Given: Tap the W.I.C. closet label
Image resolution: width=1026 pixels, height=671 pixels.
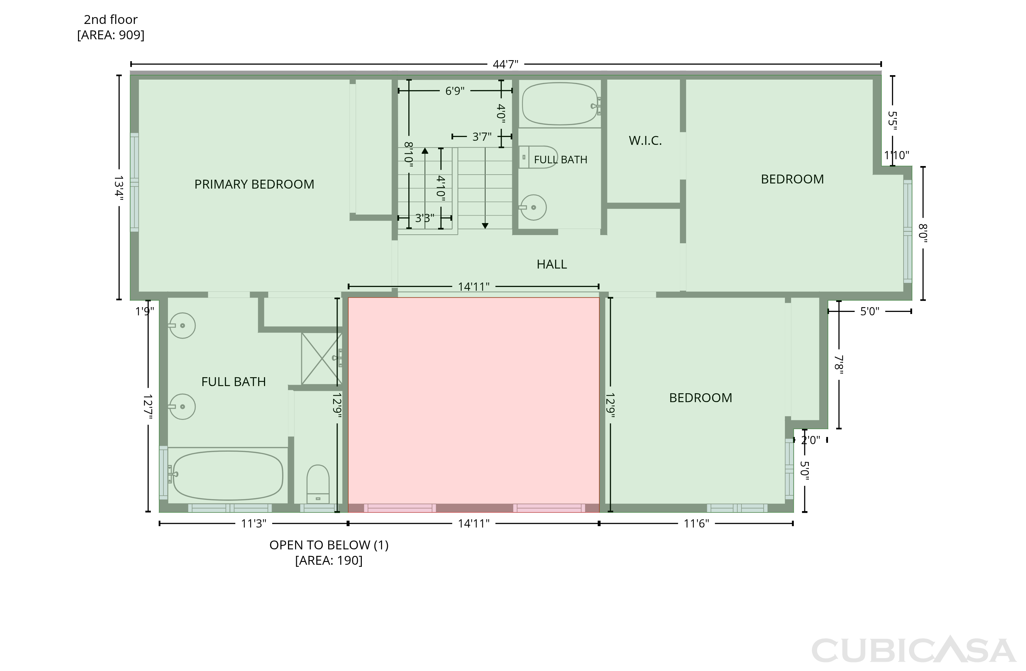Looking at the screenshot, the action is pos(645,140).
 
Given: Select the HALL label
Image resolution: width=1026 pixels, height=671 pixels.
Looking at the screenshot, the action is pos(551,264).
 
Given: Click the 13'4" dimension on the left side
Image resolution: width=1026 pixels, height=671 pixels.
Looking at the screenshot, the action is pos(119,186).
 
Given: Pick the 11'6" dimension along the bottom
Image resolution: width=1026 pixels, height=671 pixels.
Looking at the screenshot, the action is pos(696,523).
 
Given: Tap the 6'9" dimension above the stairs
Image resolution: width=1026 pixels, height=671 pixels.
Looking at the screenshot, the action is pos(455,91).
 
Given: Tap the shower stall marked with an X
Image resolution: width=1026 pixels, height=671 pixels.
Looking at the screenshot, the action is pos(321,358).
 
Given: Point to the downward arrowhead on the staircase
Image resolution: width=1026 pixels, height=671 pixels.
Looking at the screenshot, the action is pos(485,226).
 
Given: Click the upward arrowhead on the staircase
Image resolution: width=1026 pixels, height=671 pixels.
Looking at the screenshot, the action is pos(425,151).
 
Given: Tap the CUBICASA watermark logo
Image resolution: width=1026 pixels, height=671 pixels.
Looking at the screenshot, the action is pos(913,650).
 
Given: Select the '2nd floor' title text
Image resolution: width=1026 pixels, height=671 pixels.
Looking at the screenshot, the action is pos(110,19).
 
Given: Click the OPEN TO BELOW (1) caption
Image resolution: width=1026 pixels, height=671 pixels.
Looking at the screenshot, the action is pos(329,545).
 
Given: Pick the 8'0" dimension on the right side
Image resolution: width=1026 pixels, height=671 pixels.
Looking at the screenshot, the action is pos(923,233).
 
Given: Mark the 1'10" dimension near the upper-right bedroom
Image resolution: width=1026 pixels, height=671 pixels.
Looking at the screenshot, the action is pos(897,155).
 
